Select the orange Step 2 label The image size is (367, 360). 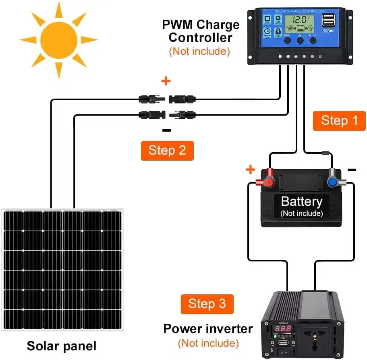pos(167,150)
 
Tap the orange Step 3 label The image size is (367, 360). pos(207,304)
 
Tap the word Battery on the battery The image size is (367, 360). pos(301,201)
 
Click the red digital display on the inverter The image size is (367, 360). pos(284,329)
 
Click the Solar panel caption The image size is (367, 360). pos(62,346)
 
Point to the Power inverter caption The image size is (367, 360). pos(208,329)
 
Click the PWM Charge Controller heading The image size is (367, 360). pos(201,31)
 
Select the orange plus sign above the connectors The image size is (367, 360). pos(166,81)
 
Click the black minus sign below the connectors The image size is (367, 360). pos(166,130)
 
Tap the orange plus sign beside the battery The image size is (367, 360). pos(251,170)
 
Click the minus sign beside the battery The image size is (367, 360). pos(352,170)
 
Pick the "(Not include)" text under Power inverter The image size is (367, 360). pos(208,343)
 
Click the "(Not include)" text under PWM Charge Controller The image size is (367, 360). pos(199,51)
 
